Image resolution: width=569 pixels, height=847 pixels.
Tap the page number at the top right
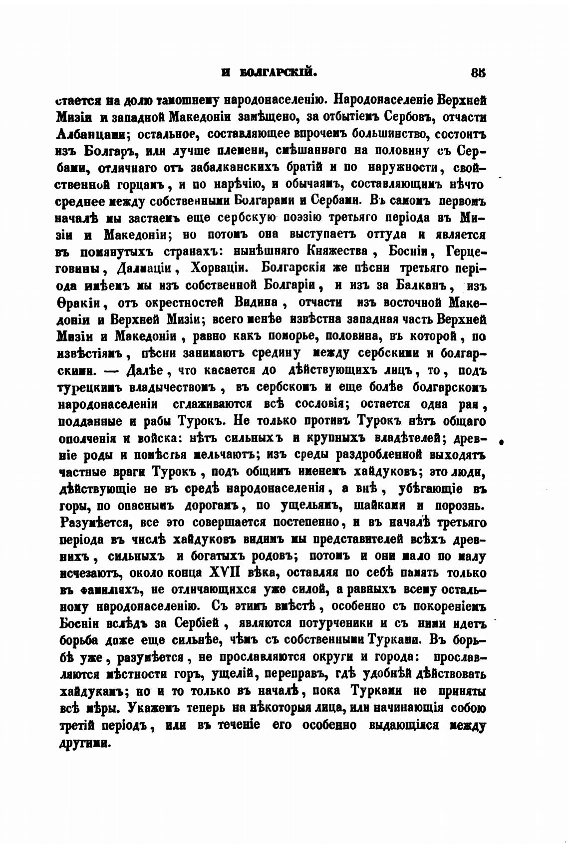(x=478, y=72)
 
